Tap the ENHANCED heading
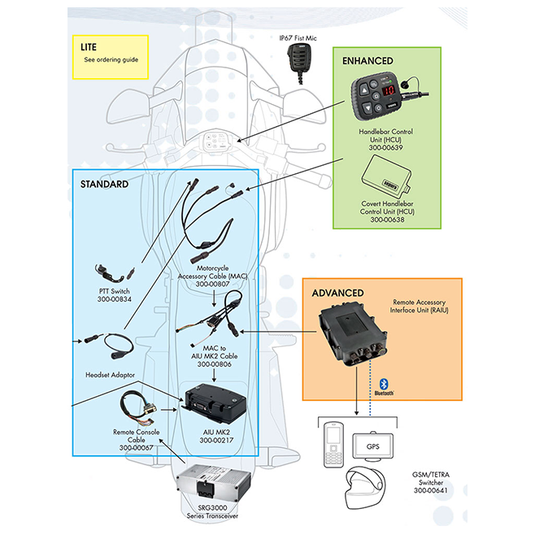pos(368,61)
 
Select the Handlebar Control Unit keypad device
pos(381,98)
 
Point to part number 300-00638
pos(387,220)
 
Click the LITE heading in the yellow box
pos(89,46)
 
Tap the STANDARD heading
pos(104,185)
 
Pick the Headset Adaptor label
pos(111,375)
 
